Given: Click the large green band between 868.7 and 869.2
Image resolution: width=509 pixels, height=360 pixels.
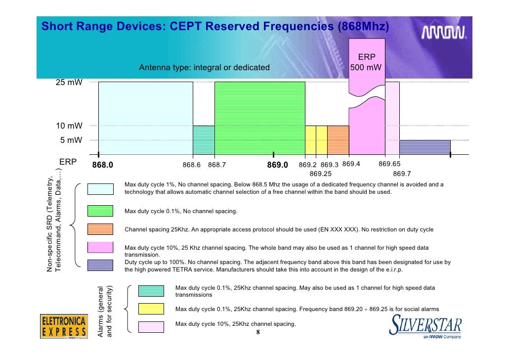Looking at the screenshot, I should pyautogui.click(x=259, y=118).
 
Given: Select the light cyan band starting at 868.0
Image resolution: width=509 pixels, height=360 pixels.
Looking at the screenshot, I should pyautogui.click(x=145, y=118).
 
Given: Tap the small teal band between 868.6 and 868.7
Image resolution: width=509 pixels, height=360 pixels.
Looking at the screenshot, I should pyautogui.click(x=204, y=140).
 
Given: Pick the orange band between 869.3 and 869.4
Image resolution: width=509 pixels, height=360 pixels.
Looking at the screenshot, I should pyautogui.click(x=338, y=140).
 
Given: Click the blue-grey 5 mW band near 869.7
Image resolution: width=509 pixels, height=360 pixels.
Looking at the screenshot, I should pyautogui.click(x=424, y=147).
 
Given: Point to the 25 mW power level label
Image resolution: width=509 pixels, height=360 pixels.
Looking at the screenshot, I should pyautogui.click(x=69, y=83).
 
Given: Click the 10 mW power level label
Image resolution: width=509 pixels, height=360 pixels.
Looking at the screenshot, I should pyautogui.click(x=69, y=126).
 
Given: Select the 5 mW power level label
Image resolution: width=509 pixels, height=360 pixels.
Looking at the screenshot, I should pyautogui.click(x=71, y=140).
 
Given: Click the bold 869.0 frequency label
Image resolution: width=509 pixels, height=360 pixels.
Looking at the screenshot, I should pyautogui.click(x=277, y=165).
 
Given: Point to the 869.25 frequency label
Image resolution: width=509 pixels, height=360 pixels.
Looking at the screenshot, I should pyautogui.click(x=320, y=174).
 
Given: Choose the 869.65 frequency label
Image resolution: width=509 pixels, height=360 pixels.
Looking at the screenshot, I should pyautogui.click(x=389, y=164).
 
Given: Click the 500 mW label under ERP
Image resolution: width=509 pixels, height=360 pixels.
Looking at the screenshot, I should pyautogui.click(x=366, y=68).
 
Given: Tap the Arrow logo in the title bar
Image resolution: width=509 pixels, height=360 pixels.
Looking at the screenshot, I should pyautogui.click(x=444, y=33).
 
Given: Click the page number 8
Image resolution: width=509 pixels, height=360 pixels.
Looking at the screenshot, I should pyautogui.click(x=257, y=332).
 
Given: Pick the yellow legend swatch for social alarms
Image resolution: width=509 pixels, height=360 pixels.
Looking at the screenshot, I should pyautogui.click(x=151, y=309).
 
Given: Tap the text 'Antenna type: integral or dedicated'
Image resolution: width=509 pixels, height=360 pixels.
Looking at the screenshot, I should pyautogui.click(x=204, y=68).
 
